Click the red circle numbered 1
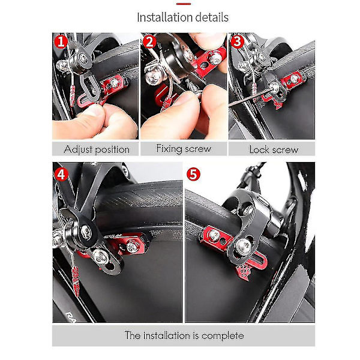coord(61,42)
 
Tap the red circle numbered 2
coord(149,42)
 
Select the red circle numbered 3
coord(237,41)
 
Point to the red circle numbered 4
coord(61,175)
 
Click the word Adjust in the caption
coord(78,149)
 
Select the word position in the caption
coord(112,150)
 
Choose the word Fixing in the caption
coord(169,149)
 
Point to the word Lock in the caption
coord(259,149)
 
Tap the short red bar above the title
coord(184,4)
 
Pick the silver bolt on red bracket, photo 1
coord(115,83)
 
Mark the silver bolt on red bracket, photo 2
coord(215,58)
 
